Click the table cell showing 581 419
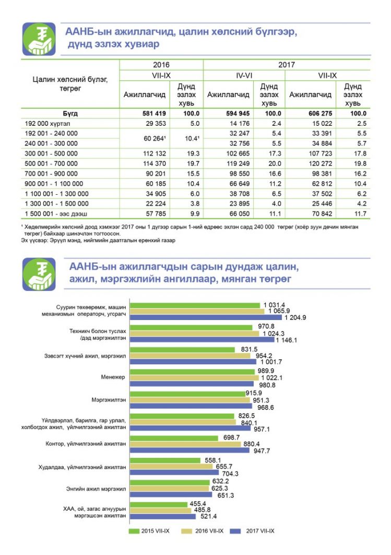click(154, 114)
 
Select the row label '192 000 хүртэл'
click(48, 124)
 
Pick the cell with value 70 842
click(322, 214)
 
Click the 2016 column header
click(161, 65)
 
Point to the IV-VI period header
click(244, 75)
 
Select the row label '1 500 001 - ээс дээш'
click(56, 214)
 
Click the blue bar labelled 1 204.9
click(206, 317)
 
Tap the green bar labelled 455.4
click(159, 504)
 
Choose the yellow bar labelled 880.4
click(185, 444)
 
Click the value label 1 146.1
click(287, 340)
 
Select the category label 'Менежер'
click(113, 377)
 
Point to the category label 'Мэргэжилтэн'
click(109, 399)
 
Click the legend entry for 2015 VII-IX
click(149, 531)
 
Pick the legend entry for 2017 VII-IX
click(252, 531)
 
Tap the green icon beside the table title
click(39, 39)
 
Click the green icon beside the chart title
click(39, 274)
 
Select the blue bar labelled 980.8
click(192, 384)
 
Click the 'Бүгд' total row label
click(70, 114)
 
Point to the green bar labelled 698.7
click(174, 438)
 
